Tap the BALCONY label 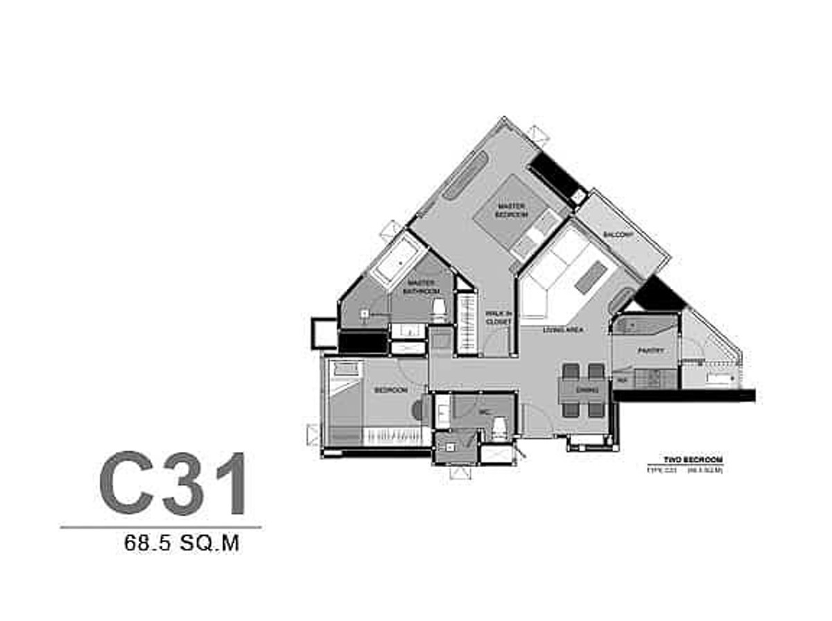[x=618, y=235]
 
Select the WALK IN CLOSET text [x=498, y=317]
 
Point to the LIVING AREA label [x=562, y=330]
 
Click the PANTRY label [x=650, y=351]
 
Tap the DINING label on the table [x=587, y=391]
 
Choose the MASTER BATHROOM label [x=420, y=287]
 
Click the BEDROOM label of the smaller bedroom [x=390, y=390]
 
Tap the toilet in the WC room [x=499, y=427]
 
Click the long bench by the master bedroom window [x=465, y=176]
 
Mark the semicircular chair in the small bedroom [x=417, y=410]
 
